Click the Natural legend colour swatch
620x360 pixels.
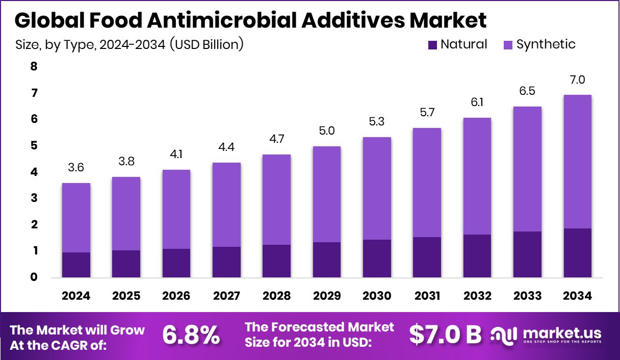coord(432,45)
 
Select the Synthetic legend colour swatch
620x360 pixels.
coord(507,45)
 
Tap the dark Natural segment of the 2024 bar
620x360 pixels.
coord(76,265)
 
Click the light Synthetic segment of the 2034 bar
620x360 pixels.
coord(578,161)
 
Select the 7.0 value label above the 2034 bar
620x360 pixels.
coord(578,80)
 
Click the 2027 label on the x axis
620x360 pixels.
coord(226,296)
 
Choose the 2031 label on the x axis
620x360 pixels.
coord(427,296)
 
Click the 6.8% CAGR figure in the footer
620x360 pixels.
coord(191,335)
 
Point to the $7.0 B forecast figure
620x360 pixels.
coord(445,335)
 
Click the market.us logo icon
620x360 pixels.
coord(503,335)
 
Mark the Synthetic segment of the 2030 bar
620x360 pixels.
coord(377,188)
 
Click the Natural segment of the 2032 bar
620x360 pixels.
coord(477,256)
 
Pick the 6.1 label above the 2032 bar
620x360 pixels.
coord(477,102)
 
